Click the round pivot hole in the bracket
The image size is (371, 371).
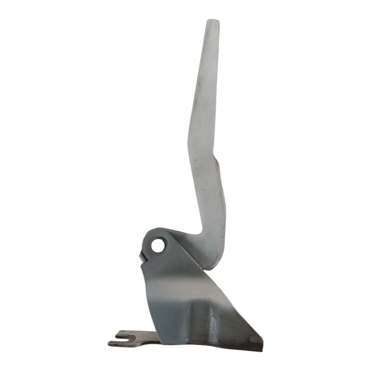tap(158, 245)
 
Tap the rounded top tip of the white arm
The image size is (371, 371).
tap(213, 22)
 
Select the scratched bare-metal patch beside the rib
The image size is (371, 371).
tap(215, 326)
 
